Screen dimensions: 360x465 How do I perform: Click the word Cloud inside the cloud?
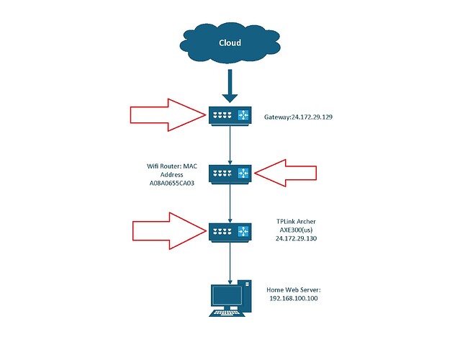click(x=230, y=42)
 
